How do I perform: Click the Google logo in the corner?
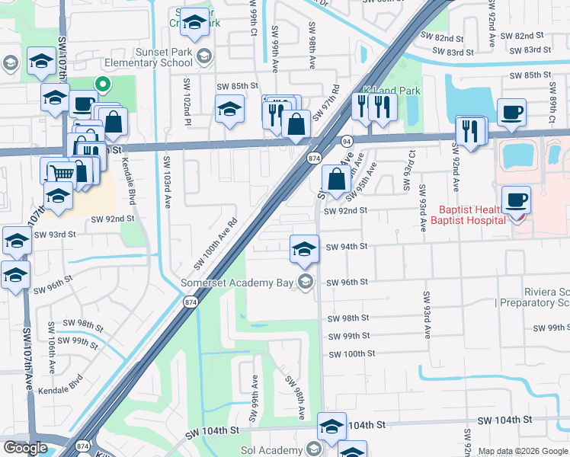[26, 448]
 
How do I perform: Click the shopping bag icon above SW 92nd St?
[336, 180]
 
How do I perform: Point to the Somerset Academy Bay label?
[237, 283]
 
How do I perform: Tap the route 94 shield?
[347, 141]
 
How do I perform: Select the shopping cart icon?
[61, 174]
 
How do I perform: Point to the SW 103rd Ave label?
[166, 182]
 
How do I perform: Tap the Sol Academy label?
[271, 450]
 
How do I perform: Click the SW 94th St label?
[347, 247]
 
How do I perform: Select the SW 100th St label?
[351, 353]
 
